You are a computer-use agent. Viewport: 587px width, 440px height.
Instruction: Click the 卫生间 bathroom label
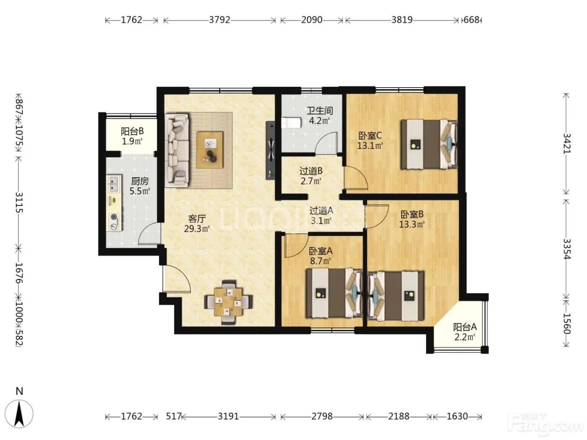tap(319, 111)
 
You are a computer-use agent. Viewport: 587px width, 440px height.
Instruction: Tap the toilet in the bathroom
tap(291, 123)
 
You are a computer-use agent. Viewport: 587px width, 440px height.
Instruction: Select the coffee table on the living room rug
tap(210, 150)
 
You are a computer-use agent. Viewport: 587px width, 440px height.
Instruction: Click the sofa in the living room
tap(177, 150)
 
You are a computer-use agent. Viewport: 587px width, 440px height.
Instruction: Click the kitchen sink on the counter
tap(114, 184)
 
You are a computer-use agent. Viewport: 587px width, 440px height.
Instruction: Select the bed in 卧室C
tap(429, 144)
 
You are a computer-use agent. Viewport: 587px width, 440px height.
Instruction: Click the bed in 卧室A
tap(334, 293)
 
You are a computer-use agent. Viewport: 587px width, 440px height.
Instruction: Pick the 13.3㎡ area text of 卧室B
tap(412, 225)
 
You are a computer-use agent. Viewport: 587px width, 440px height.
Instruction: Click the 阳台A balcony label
tap(465, 327)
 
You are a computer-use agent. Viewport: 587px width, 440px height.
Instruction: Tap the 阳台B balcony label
tap(132, 131)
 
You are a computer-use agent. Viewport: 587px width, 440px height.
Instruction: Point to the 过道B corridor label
tap(311, 171)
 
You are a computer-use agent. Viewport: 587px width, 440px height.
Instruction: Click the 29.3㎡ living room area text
tap(197, 229)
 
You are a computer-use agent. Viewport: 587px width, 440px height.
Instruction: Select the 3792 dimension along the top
tap(220, 20)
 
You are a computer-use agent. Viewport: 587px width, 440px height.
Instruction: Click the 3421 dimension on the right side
tap(566, 143)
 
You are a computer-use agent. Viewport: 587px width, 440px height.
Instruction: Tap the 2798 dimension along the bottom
tap(322, 416)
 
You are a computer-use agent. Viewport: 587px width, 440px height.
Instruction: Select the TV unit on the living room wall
tap(270, 150)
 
